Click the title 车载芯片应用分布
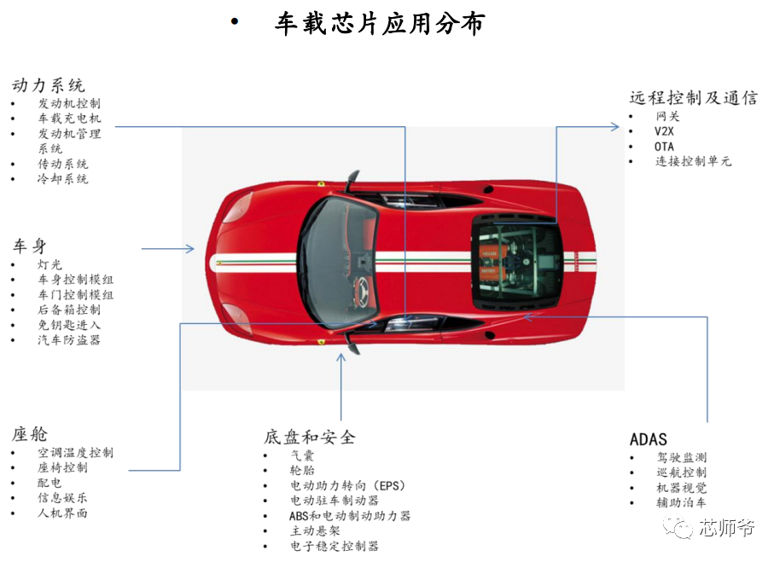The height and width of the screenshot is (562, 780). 380,23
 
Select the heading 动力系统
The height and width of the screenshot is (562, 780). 49,85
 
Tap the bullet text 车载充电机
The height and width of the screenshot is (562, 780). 70,119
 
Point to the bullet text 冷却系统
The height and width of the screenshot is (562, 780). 63,179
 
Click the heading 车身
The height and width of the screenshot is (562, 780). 29,246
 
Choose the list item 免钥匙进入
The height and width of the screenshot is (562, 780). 69,325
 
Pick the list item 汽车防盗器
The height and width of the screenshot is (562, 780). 69,340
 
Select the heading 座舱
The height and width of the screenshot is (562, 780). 30,434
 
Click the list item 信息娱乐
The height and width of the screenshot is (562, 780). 62,497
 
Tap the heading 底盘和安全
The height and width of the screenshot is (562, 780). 310,437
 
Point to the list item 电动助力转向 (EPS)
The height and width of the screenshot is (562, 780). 348,485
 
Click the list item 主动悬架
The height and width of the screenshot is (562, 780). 316,530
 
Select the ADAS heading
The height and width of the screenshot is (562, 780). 649,440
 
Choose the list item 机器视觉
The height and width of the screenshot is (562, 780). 682,488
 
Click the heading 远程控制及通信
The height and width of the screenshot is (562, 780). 694,98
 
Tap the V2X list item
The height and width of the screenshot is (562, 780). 664,131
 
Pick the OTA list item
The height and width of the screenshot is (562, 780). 664,147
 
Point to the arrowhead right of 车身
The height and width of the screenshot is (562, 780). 189,248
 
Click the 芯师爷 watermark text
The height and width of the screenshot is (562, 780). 727,528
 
